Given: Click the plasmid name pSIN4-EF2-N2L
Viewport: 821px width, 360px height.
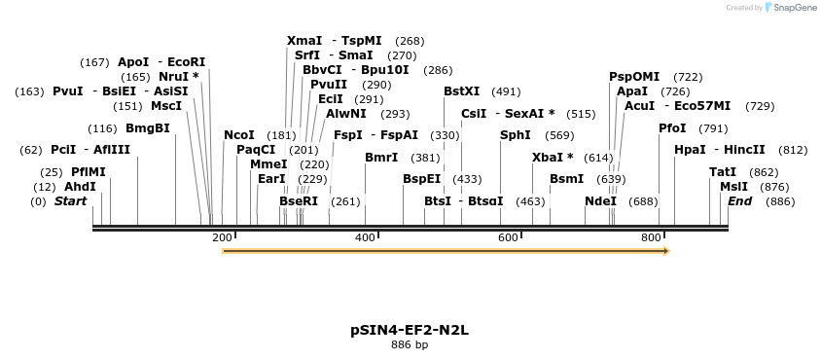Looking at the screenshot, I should tap(410, 330).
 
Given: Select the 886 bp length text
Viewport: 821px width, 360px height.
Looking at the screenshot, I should tap(410, 344).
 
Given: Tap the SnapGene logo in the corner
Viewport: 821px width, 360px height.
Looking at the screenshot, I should tap(790, 8).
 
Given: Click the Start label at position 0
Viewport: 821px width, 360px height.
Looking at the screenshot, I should tap(70, 201).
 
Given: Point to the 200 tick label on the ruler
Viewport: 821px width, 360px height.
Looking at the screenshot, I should tap(222, 238).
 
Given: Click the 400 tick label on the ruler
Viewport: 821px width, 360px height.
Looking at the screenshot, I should tap(365, 238).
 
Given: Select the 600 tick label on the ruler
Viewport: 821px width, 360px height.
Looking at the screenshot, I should tap(509, 238).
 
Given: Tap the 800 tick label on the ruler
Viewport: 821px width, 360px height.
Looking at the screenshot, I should tap(652, 238).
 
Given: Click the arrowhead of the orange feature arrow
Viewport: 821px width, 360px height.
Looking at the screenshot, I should tap(665, 251).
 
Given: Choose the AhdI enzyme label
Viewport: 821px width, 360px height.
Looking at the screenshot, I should tap(80, 187).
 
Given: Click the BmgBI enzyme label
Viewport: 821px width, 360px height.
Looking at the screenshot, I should tap(148, 128).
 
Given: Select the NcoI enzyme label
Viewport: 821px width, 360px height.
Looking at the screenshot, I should tap(238, 135).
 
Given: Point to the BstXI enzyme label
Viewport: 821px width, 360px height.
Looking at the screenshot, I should tap(461, 91).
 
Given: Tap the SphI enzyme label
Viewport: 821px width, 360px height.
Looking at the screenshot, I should tap(516, 135).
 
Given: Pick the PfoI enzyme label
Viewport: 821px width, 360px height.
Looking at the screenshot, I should tap(672, 128).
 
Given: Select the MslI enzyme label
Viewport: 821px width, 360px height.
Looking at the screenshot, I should tap(734, 187).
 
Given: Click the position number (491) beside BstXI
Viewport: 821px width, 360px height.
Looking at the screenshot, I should tap(506, 91).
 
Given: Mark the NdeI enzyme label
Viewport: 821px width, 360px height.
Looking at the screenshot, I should tap(600, 201).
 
